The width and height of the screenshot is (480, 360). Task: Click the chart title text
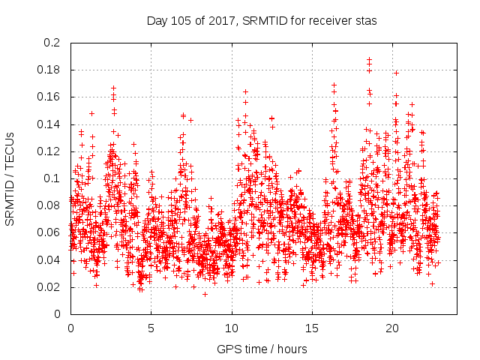coord(262,21)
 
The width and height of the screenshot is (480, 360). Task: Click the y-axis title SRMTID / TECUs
coord(10,178)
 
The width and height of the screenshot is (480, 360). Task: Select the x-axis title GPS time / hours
coord(262,349)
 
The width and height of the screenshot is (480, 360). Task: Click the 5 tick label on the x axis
coord(151,328)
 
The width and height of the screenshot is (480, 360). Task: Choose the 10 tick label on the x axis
coord(232,328)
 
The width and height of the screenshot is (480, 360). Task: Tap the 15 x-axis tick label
coord(312,328)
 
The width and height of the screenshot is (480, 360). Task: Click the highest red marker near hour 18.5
coord(369,59)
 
